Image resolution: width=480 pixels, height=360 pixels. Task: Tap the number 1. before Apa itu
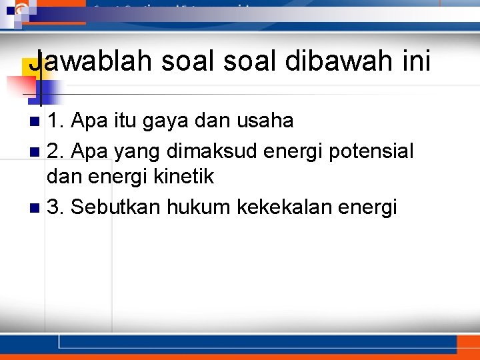click(56, 121)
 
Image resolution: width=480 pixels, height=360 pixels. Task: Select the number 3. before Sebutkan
click(56, 207)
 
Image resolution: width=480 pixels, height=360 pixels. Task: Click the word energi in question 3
click(369, 208)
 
